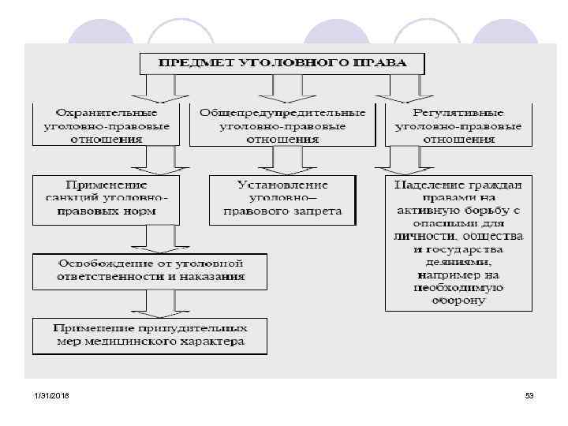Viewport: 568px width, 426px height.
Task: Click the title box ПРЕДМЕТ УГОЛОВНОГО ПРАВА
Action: click(282, 63)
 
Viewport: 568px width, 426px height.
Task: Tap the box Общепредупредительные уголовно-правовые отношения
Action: click(282, 125)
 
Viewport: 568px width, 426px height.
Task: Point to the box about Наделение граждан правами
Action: click(458, 242)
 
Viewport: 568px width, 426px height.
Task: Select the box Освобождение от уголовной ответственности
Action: click(150, 270)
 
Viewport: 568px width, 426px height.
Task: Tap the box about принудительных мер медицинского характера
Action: click(150, 334)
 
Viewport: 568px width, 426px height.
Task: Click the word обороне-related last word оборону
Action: click(458, 300)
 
